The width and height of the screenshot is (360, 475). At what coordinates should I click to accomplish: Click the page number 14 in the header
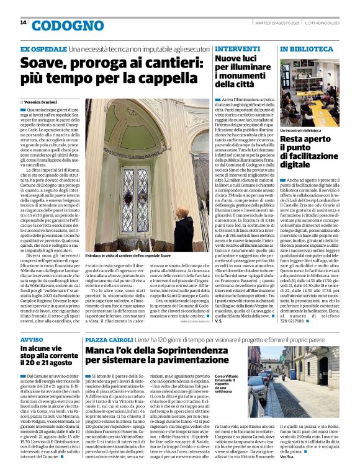click(23, 22)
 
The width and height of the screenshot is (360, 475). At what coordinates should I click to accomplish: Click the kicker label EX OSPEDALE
click(43, 48)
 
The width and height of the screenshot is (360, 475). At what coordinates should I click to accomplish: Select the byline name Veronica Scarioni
click(48, 100)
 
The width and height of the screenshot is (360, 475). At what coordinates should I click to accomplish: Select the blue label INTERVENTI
click(233, 48)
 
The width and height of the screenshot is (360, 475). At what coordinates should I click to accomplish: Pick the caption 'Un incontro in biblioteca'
click(300, 131)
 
